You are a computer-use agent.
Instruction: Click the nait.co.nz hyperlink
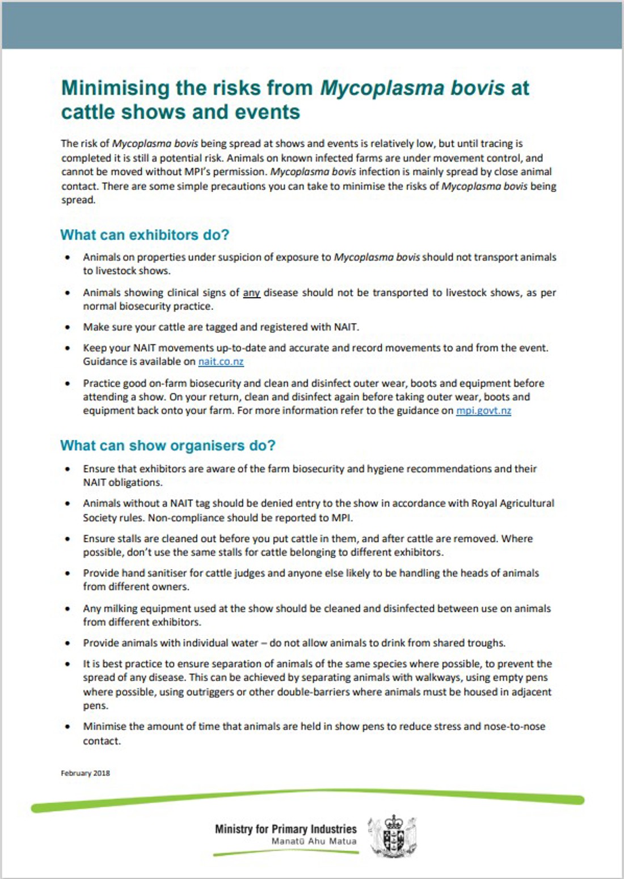tap(221, 362)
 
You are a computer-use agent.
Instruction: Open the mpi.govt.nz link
tap(483, 410)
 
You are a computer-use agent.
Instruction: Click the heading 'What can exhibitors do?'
tap(145, 235)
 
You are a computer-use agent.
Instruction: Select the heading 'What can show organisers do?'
tap(167, 445)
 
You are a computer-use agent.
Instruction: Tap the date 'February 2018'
tap(85, 773)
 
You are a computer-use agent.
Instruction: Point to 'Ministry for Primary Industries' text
tap(285, 829)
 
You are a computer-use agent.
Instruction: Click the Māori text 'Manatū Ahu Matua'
tap(314, 842)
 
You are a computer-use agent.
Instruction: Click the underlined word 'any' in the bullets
tap(251, 293)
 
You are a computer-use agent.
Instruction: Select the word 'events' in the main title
tap(267, 112)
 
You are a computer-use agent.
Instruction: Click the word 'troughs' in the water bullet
tap(486, 643)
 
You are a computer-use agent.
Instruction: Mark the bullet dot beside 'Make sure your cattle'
tap(68, 327)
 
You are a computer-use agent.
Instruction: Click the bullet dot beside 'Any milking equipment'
tap(68, 609)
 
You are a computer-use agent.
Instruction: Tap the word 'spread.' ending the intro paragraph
tap(78, 200)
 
